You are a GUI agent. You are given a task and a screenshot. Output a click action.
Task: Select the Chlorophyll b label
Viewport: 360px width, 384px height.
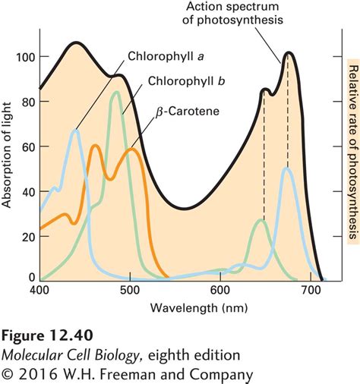(181, 80)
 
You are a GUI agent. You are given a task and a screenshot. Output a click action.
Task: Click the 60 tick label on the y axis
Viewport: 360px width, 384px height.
(27, 146)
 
